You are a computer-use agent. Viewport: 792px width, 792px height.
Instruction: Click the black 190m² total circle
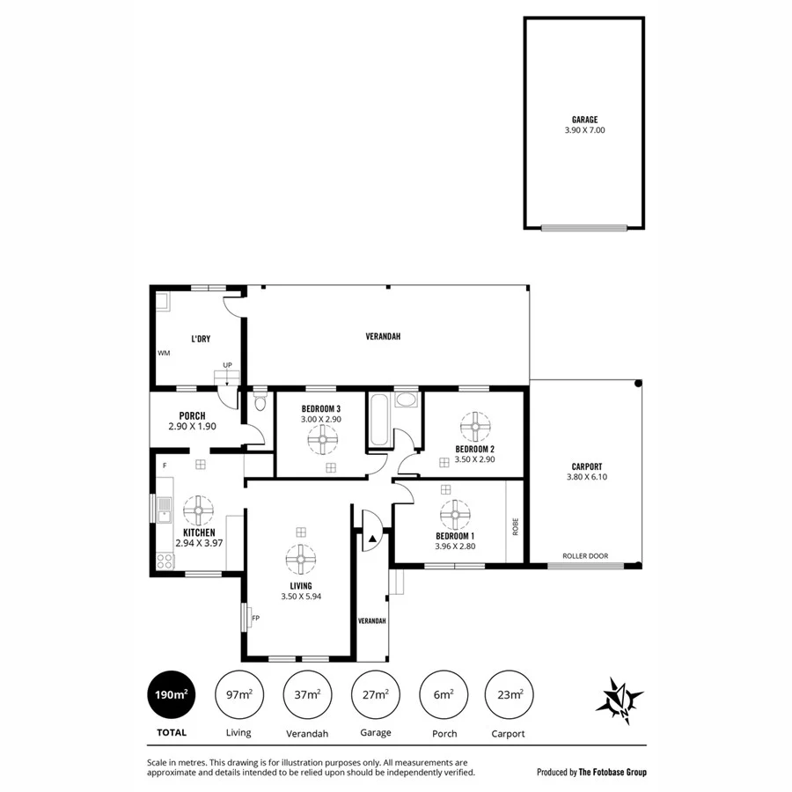pyautogui.click(x=172, y=694)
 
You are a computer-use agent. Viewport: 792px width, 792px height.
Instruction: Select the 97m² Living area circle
pyautogui.click(x=238, y=694)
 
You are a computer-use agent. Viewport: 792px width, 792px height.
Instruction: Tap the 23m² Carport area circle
pyautogui.click(x=509, y=694)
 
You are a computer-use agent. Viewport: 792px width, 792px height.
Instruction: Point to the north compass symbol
pyautogui.click(x=620, y=700)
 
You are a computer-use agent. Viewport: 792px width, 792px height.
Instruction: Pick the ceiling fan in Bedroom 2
pyautogui.click(x=476, y=428)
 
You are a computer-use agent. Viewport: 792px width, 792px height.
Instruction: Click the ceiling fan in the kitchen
pyautogui.click(x=198, y=510)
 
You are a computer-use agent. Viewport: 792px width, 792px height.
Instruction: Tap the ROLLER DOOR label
pyautogui.click(x=585, y=556)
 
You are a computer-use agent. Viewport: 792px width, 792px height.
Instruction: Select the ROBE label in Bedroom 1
pyautogui.click(x=516, y=527)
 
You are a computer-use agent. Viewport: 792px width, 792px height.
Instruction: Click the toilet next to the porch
pyautogui.click(x=260, y=403)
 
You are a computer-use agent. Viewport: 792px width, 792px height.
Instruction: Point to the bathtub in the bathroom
pyautogui.click(x=379, y=420)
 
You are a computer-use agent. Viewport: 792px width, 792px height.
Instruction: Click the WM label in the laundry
pyautogui.click(x=164, y=353)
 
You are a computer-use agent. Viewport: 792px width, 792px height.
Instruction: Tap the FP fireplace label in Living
pyautogui.click(x=255, y=618)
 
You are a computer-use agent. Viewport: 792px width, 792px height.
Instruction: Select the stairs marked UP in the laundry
pyautogui.click(x=226, y=378)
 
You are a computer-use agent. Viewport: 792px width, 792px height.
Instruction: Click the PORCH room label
pyautogui.click(x=192, y=416)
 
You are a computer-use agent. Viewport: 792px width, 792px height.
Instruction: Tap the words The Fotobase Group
pyautogui.click(x=612, y=772)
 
